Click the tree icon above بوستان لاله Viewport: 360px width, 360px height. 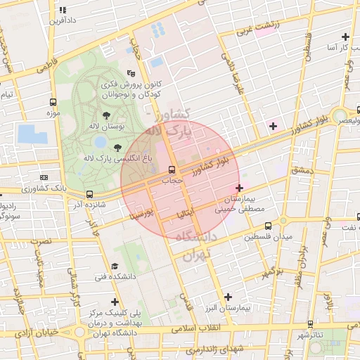click(x=107, y=115)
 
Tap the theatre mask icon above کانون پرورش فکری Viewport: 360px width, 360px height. click(x=131, y=73)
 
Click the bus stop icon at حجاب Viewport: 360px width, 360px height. click(x=172, y=170)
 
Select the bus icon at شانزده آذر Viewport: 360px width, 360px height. click(x=89, y=194)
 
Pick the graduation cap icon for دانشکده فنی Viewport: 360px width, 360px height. click(x=114, y=266)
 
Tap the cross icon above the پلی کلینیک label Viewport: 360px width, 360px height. click(x=115, y=302)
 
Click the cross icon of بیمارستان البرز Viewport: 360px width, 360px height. click(x=227, y=297)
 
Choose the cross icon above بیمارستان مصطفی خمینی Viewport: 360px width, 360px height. click(x=240, y=188)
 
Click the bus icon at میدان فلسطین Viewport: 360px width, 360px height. click(x=268, y=226)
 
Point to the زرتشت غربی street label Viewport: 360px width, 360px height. click(x=257, y=27)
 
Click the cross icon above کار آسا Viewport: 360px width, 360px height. click(x=345, y=37)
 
